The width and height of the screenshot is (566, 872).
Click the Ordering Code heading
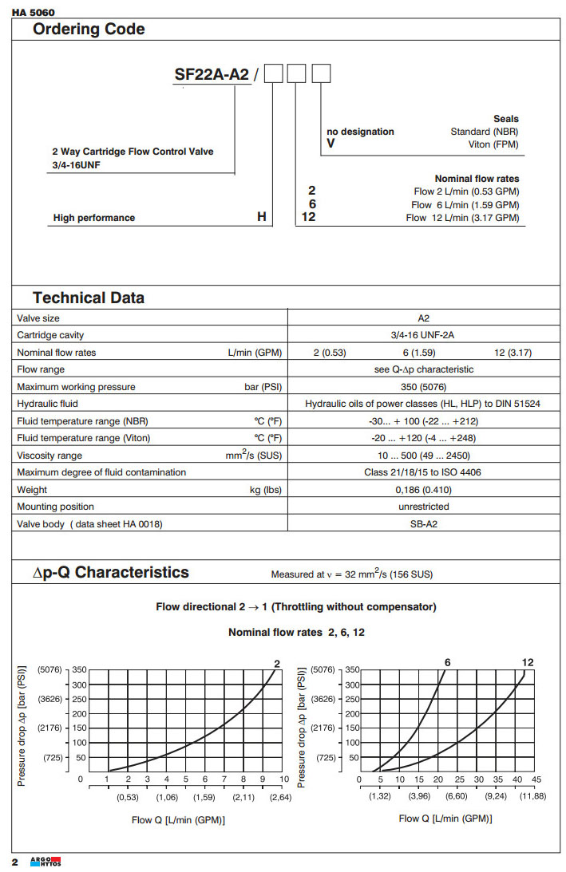point(89,30)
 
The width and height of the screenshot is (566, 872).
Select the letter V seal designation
point(330,144)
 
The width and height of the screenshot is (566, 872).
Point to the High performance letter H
point(261,217)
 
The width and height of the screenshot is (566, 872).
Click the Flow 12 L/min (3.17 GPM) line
point(462,218)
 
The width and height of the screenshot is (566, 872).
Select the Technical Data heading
point(89,298)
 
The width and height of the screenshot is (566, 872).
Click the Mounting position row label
point(55,507)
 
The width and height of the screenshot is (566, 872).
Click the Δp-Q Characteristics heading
point(111,573)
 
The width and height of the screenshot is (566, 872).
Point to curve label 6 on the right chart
point(448,662)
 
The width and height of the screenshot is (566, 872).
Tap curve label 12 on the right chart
point(528,662)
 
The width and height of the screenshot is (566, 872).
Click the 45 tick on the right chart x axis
point(536,779)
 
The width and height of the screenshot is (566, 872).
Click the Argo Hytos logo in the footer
point(45,862)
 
